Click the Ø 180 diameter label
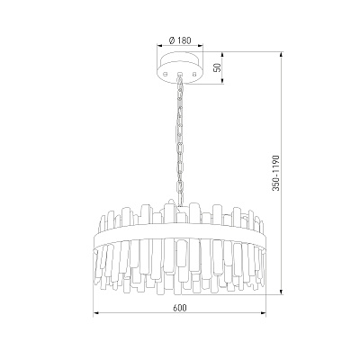tap(180, 40)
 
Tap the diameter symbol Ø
tap(172, 40)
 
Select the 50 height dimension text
tap(219, 67)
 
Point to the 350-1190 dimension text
tap(276, 173)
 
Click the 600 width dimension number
tap(180, 308)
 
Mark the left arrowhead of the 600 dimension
tap(96, 314)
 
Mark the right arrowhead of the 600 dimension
tap(264, 314)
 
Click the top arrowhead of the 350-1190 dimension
tap(281, 56)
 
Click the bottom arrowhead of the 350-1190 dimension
tap(281, 292)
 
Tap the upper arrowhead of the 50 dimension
tap(222, 56)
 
